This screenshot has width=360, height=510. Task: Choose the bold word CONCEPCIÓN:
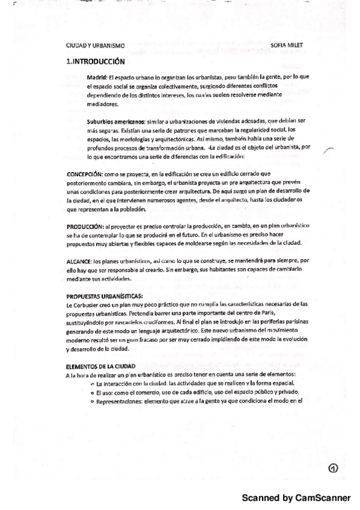(x=85, y=174)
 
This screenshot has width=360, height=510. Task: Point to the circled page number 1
(x=334, y=468)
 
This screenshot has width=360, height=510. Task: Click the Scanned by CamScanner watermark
(x=295, y=498)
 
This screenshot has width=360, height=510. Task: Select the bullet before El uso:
(x=90, y=393)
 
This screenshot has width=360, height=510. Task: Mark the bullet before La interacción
(x=90, y=384)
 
